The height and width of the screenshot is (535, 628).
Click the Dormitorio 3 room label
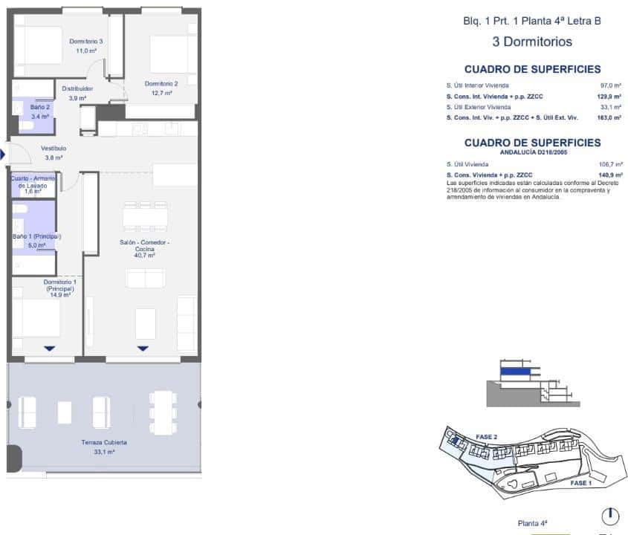(85, 42)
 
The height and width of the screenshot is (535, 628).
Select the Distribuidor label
(77, 88)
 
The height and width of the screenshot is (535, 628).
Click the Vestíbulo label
(54, 148)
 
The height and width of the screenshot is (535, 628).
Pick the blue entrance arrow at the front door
(2, 154)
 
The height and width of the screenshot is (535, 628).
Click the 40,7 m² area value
(143, 255)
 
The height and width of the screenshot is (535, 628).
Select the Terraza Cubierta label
(105, 442)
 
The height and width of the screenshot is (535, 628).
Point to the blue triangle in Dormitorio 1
(50, 348)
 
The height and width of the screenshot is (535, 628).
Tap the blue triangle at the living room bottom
(143, 348)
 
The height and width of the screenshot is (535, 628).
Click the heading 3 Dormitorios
(532, 42)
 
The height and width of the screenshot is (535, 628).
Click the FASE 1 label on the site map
(580, 483)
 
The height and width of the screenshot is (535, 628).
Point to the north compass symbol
(609, 515)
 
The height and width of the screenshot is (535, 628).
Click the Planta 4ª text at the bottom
(532, 523)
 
